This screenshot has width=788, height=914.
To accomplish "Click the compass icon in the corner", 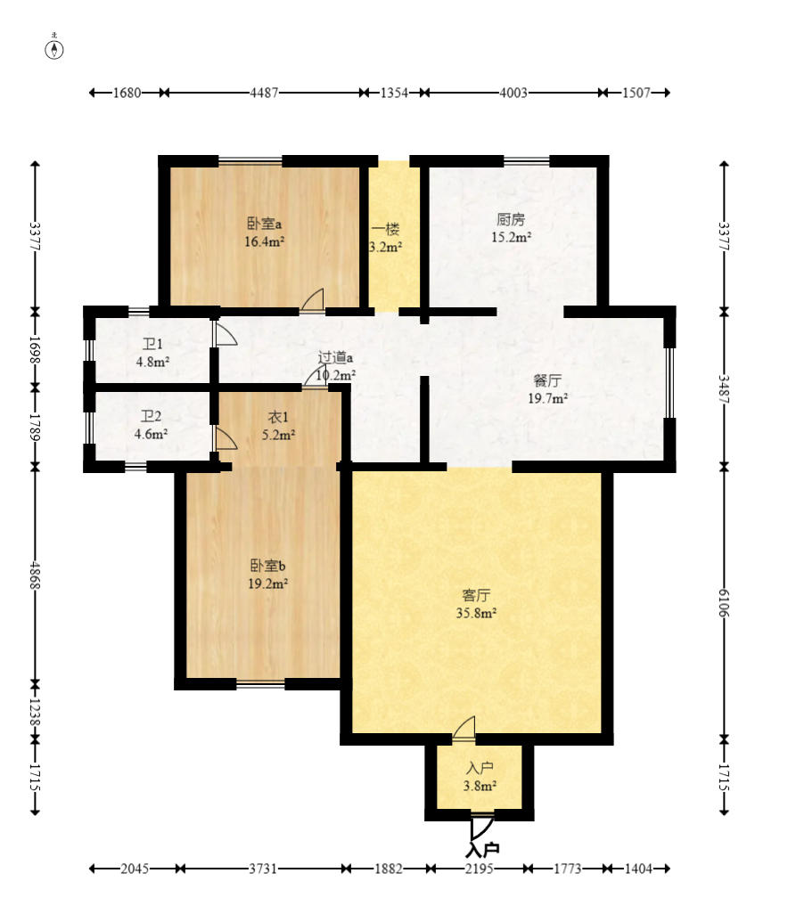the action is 54,50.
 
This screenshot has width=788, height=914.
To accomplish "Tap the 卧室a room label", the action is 264,224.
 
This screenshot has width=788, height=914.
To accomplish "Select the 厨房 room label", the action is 511,219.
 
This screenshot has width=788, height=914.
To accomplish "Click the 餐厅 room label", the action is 547,380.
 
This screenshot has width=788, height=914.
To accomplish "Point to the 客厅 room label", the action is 476,595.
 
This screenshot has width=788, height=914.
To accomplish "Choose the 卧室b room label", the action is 267,566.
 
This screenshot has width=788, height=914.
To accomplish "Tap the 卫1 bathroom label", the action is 152,344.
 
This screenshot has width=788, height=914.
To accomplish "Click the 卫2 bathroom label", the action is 151,416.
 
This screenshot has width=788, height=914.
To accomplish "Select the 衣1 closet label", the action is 278,417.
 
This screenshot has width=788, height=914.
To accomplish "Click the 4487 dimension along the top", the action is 264,93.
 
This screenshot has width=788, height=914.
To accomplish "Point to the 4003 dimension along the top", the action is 513,93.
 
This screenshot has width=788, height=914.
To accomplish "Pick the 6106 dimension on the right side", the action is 723,603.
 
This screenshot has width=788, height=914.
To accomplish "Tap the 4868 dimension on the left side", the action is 35,575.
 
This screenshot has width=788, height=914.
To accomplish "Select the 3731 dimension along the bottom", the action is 263,869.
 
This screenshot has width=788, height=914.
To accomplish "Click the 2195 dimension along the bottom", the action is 480,869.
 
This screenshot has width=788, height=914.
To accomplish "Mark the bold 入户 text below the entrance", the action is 483,850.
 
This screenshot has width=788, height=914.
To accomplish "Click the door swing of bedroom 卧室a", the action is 312,298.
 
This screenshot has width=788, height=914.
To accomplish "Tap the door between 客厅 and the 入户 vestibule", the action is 464,729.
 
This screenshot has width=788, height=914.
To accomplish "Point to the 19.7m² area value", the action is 547,398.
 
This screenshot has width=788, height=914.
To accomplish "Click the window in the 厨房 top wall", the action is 527,161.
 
